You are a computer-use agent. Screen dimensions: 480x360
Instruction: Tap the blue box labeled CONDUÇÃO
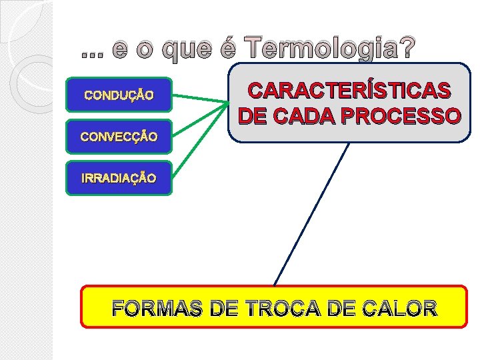point(119,95)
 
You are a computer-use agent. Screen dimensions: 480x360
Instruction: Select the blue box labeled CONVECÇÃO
point(119,137)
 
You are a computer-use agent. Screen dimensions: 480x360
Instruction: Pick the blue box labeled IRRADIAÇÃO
point(119,178)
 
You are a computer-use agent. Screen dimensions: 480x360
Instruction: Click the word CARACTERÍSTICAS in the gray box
point(349,91)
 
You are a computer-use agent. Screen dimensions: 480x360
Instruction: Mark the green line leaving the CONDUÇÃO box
point(200,98)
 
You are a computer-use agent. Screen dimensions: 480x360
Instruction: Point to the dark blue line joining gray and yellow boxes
point(311,213)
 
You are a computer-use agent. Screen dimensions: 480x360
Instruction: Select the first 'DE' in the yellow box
point(223,309)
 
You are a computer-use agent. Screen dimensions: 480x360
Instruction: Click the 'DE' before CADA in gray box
point(253,117)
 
